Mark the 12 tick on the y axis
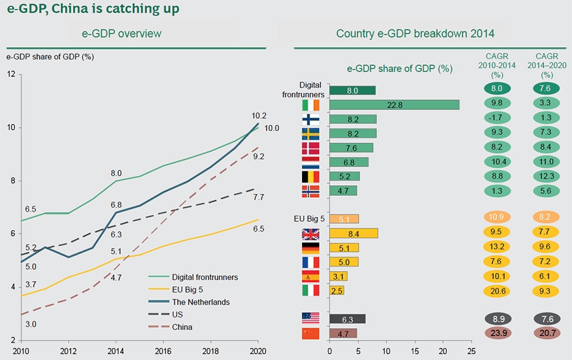11,74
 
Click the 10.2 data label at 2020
259,116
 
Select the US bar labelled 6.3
347,319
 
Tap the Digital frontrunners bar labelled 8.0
353,90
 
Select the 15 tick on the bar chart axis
415,350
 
